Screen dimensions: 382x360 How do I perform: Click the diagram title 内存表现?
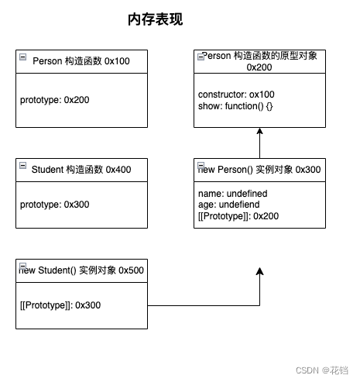[155, 20]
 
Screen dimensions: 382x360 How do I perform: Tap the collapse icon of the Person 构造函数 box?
[23, 57]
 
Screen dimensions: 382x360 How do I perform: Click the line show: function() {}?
[236, 105]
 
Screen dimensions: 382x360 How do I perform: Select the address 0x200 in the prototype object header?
[259, 68]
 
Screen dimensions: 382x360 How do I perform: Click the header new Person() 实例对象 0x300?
[259, 169]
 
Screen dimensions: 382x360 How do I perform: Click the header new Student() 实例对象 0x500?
[81, 270]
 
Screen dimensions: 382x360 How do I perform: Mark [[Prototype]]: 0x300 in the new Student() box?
[60, 305]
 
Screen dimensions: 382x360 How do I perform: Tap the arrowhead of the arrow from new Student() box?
[259, 272]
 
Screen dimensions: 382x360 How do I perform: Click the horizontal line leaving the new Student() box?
[201, 306]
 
